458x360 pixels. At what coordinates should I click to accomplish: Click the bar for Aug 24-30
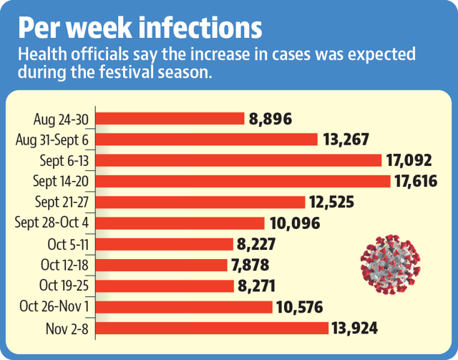click(170, 119)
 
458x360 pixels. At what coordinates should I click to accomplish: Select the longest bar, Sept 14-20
click(243, 181)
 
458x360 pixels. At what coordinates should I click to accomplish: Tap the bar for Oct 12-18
click(162, 265)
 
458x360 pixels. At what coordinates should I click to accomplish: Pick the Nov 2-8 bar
click(212, 328)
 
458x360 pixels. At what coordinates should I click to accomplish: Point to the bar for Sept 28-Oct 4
click(180, 223)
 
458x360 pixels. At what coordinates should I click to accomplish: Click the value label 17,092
click(409, 160)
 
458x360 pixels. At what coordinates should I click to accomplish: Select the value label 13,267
click(346, 140)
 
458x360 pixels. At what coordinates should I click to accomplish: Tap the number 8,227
click(256, 244)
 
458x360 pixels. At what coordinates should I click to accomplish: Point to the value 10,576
click(299, 307)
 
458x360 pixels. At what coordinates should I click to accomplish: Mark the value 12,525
click(332, 203)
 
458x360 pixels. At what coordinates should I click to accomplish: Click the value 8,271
click(256, 286)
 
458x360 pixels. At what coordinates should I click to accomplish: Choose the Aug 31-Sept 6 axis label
click(52, 140)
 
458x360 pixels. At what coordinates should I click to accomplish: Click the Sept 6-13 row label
click(64, 161)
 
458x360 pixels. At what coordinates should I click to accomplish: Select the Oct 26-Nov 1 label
click(54, 306)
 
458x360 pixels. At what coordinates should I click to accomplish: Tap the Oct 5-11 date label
click(68, 244)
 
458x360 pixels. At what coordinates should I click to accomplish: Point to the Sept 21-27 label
click(62, 203)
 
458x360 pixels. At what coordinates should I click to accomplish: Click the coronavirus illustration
click(391, 264)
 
